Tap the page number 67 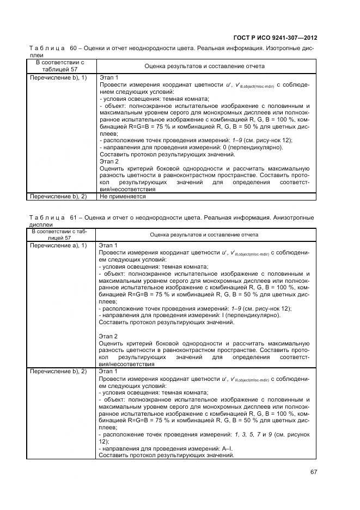[313, 472]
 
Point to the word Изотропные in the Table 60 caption [283, 49]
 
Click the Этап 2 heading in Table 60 [109, 162]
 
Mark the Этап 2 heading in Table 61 [109, 337]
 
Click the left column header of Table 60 [60, 66]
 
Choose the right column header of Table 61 [204, 235]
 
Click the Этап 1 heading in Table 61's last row [109, 372]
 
